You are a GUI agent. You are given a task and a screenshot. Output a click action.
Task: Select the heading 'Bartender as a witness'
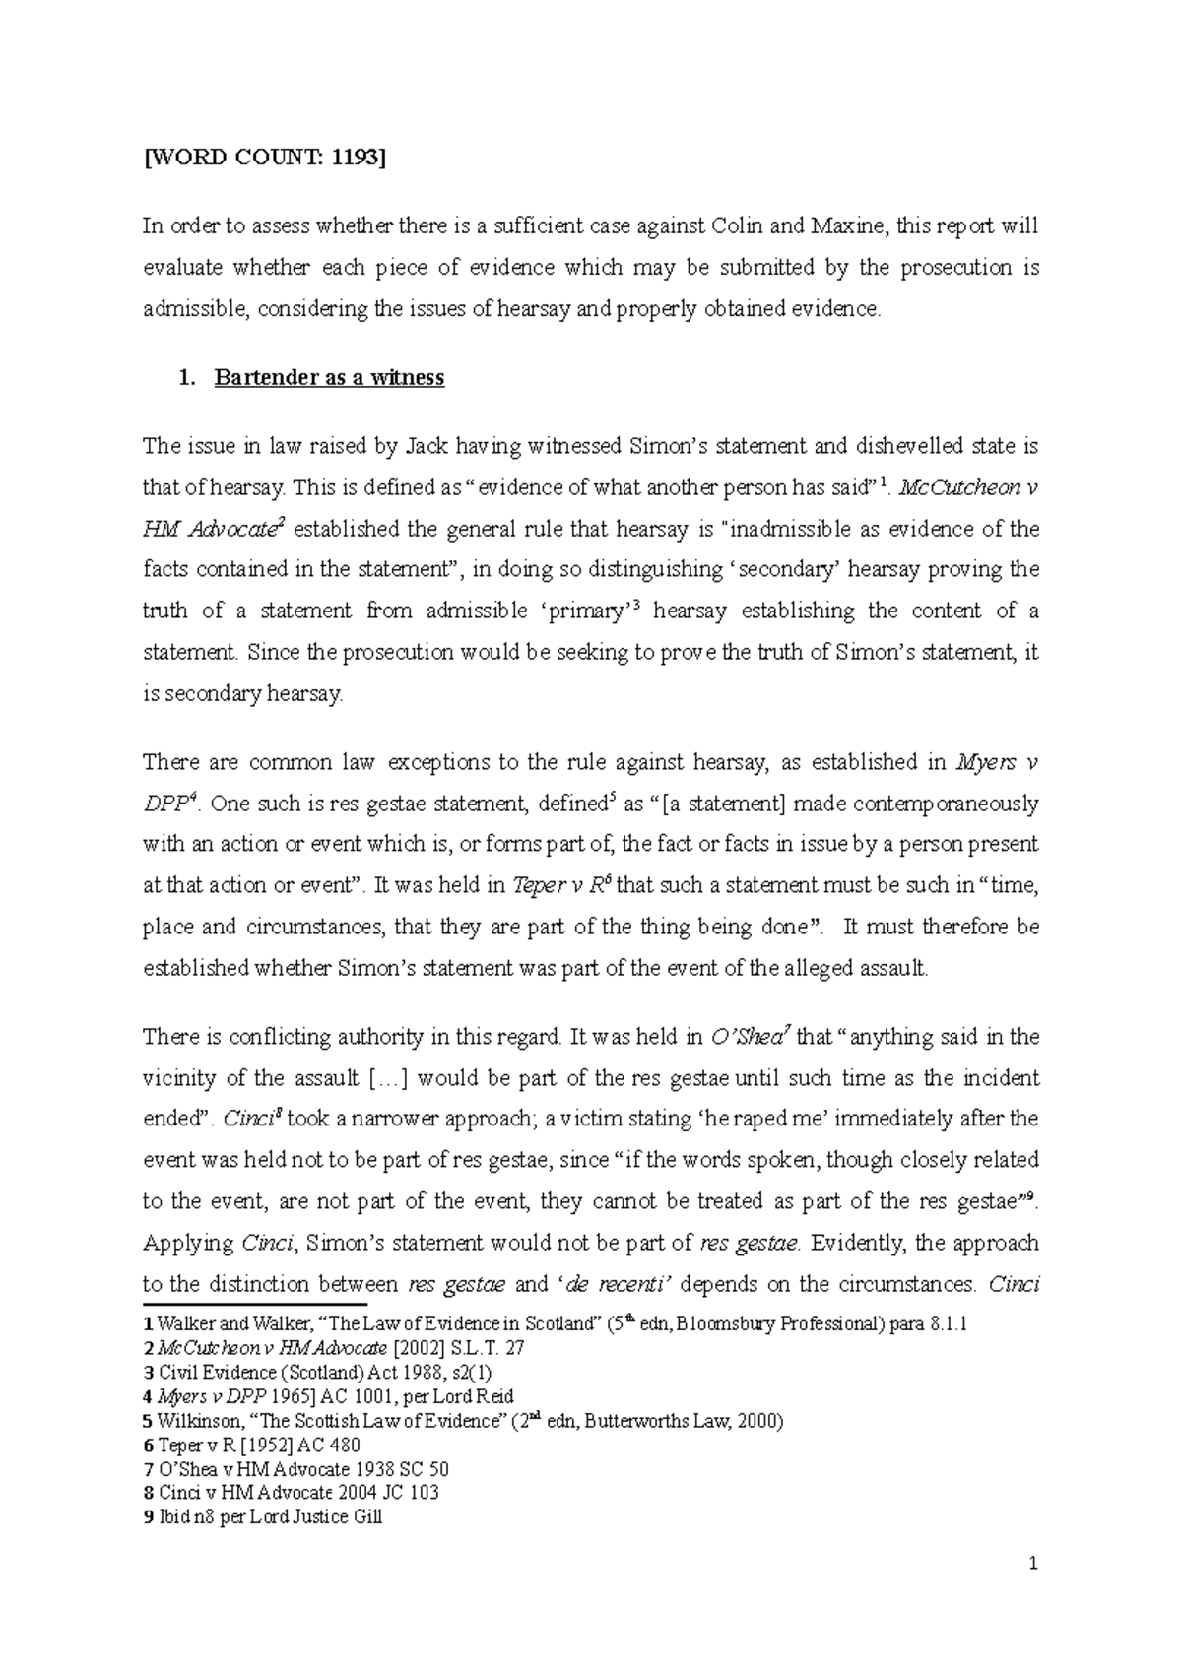pos(329,378)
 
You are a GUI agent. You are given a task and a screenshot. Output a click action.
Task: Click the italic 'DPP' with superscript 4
pos(164,804)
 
